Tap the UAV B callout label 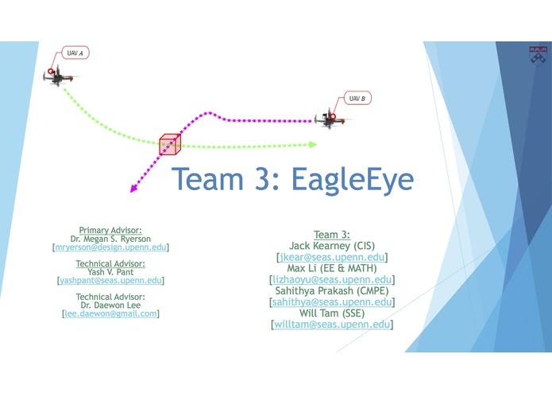pyautogui.click(x=357, y=99)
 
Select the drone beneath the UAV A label pyautogui.click(x=60, y=78)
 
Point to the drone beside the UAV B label pyautogui.click(x=331, y=120)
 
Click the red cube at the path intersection pyautogui.click(x=170, y=144)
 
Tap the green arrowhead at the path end pyautogui.click(x=313, y=145)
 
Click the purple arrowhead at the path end pyautogui.click(x=133, y=189)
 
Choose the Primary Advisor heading pyautogui.click(x=110, y=230)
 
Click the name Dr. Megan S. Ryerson pyautogui.click(x=110, y=239)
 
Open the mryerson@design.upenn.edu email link pyautogui.click(x=110, y=247)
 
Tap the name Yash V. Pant pyautogui.click(x=110, y=272)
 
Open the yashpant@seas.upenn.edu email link pyautogui.click(x=110, y=281)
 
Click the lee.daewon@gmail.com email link pyautogui.click(x=110, y=313)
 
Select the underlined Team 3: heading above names pyautogui.click(x=332, y=234)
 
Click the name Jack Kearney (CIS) pyautogui.click(x=332, y=246)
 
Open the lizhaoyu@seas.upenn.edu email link pyautogui.click(x=332, y=280)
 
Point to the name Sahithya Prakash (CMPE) pyautogui.click(x=332, y=291)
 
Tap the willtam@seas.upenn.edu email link pyautogui.click(x=332, y=325)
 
